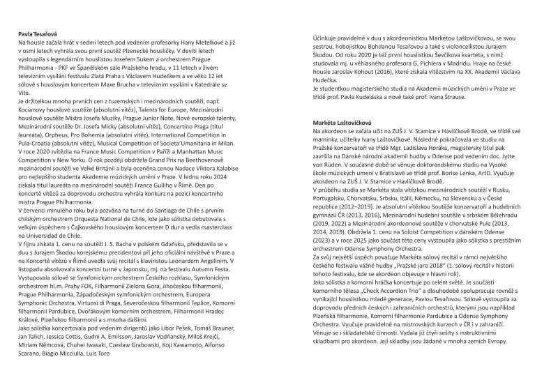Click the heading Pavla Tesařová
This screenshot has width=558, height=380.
[40, 33]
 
